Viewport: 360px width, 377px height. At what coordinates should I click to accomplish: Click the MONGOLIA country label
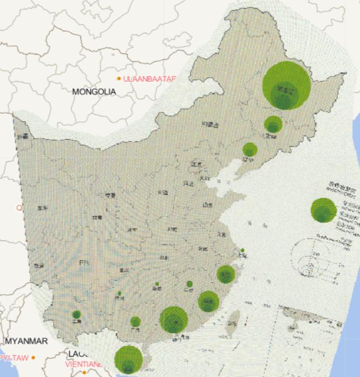[94, 91]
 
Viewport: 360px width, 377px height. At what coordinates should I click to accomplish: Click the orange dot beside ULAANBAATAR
[119, 78]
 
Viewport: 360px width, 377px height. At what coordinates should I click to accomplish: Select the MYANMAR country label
[27, 341]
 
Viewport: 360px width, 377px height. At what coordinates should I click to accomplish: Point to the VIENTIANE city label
[84, 365]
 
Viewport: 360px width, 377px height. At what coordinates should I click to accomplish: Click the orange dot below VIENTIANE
[84, 372]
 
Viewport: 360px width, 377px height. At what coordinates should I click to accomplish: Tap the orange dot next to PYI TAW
[33, 358]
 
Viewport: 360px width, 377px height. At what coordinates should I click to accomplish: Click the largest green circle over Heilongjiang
[286, 86]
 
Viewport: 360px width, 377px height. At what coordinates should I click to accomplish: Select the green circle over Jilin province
[273, 125]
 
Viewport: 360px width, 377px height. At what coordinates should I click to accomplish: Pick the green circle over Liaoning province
[250, 150]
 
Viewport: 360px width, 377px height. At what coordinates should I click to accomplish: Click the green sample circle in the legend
[324, 210]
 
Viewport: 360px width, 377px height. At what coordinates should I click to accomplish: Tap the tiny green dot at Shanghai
[243, 250]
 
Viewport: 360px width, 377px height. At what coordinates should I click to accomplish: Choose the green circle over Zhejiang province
[226, 274]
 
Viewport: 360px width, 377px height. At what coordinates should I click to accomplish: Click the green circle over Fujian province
[209, 301]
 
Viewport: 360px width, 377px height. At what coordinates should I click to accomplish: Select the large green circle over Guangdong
[173, 320]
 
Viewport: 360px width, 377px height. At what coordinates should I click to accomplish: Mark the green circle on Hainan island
[128, 360]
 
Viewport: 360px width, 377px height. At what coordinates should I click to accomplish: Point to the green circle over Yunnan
[76, 315]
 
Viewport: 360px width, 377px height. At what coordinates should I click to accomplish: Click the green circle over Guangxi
[135, 321]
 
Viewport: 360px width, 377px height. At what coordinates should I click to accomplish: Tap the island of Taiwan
[231, 327]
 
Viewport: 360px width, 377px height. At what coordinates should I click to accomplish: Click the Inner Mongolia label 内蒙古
[209, 124]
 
